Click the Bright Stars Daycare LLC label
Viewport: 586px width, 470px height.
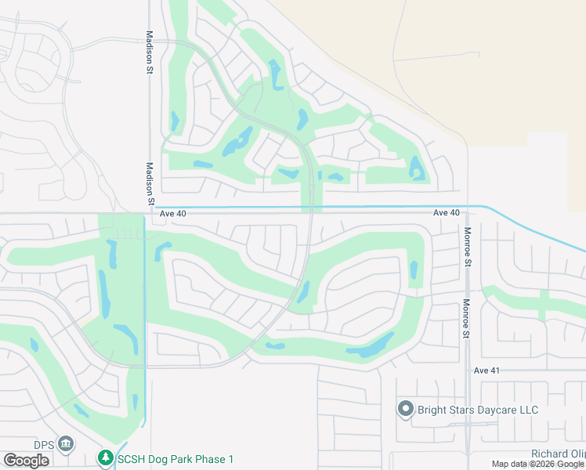(x=478, y=410)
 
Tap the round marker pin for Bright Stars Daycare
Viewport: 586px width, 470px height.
(x=405, y=409)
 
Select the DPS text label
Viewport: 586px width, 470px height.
(x=44, y=445)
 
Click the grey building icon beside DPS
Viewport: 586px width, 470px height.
(x=66, y=445)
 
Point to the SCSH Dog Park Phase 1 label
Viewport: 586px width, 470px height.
(x=175, y=458)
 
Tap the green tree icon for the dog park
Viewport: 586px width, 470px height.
(x=106, y=457)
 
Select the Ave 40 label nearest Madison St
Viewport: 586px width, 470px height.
(x=172, y=213)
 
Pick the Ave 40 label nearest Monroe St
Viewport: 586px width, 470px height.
(x=447, y=213)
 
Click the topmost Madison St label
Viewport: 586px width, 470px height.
(x=149, y=52)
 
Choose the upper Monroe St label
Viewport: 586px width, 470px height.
(x=467, y=248)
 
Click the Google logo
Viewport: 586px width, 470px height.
(x=26, y=460)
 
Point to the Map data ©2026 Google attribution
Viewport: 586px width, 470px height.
(x=537, y=465)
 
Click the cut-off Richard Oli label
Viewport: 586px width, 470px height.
(x=558, y=454)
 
